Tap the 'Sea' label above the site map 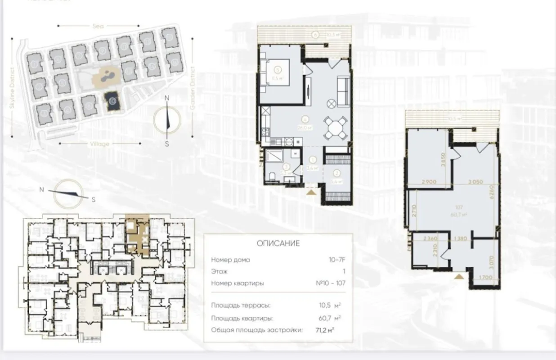pyautogui.click(x=98, y=27)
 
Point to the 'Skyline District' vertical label pyautogui.click(x=12, y=90)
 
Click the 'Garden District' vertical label pyautogui.click(x=192, y=89)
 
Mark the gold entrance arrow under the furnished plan pyautogui.click(x=311, y=193)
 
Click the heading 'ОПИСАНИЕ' pyautogui.click(x=278, y=243)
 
